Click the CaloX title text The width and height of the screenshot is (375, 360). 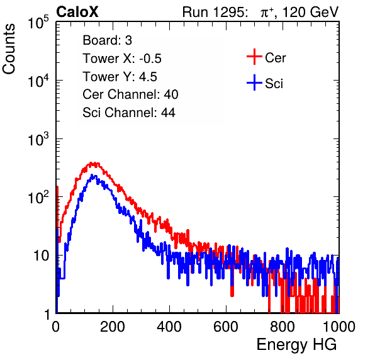click(x=77, y=12)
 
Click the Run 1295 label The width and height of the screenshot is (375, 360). click(x=215, y=12)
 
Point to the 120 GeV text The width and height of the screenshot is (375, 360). click(x=310, y=12)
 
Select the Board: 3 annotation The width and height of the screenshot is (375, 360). click(x=107, y=40)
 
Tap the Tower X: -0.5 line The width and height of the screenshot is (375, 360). click(x=122, y=59)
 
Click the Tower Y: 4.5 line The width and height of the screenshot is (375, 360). click(x=120, y=77)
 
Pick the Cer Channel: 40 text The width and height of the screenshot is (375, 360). click(x=130, y=94)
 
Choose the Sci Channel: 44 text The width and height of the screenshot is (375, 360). click(x=129, y=113)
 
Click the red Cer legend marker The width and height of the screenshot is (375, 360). click(x=254, y=57)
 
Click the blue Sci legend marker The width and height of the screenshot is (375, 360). click(x=254, y=83)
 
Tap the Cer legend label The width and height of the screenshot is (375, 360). click(x=276, y=58)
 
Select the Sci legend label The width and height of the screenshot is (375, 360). click(x=274, y=84)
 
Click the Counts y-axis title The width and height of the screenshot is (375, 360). click(x=9, y=49)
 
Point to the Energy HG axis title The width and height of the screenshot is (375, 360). click(x=296, y=345)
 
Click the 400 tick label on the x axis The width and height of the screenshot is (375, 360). click(x=169, y=327)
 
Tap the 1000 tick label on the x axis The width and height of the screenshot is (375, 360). click(x=339, y=327)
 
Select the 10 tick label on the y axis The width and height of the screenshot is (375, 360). click(x=41, y=256)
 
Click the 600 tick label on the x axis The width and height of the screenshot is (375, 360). click(x=226, y=327)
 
